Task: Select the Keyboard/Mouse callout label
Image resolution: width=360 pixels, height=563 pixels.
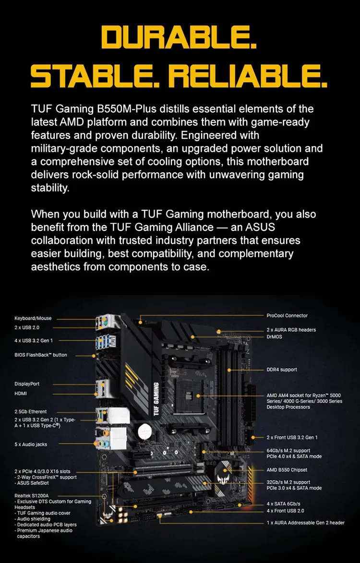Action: tap(33, 318)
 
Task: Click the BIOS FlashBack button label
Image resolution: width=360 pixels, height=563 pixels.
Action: tap(41, 355)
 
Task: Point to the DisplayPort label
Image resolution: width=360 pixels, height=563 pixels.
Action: tap(27, 383)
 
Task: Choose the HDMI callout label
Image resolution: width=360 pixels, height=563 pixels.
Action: tap(21, 393)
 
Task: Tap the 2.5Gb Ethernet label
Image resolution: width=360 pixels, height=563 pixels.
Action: tap(31, 411)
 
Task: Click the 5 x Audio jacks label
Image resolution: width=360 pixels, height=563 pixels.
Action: tap(31, 444)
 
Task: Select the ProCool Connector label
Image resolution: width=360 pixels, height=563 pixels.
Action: tap(287, 316)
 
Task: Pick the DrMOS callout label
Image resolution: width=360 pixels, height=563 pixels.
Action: tap(275, 337)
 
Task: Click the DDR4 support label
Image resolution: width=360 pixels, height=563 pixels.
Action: tap(282, 370)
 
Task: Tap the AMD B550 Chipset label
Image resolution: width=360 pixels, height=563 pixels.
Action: tap(287, 470)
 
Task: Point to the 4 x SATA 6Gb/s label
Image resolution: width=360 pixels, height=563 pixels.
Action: tap(283, 504)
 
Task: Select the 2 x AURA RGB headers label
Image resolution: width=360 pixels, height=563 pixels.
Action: tap(291, 330)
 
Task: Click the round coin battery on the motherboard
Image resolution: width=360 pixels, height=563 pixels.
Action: tap(144, 430)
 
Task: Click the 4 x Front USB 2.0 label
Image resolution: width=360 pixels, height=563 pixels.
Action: tap(285, 511)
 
